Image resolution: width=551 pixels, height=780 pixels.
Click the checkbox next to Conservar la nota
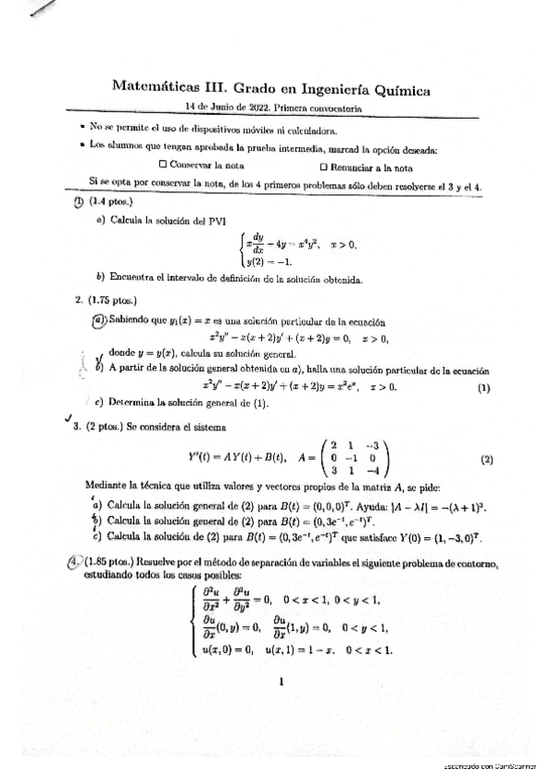(163, 165)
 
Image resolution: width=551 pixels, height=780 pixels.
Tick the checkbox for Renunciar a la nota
(323, 167)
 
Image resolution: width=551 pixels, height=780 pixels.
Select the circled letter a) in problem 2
(99, 320)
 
